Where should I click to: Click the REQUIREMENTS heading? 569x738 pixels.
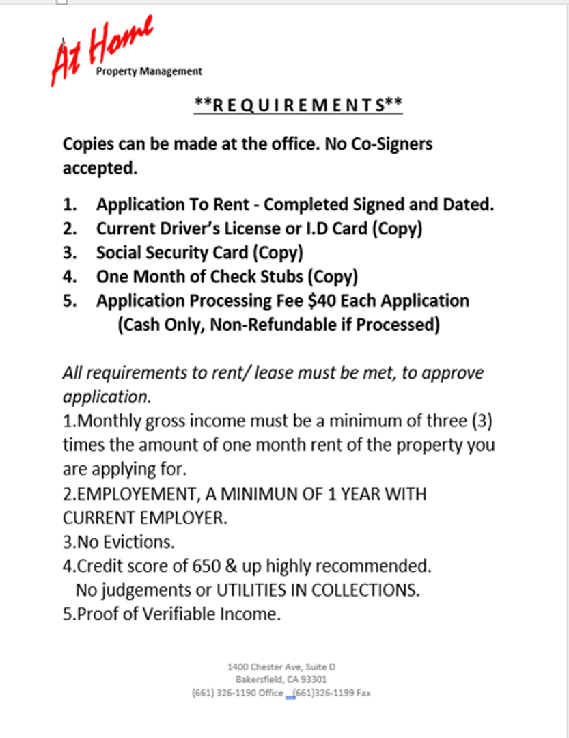coord(299,105)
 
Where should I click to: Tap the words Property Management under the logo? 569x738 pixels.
coord(149,71)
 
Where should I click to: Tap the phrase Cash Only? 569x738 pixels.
coord(160,325)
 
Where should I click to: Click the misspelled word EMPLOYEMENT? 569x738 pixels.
coord(135,493)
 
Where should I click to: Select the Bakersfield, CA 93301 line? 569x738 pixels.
coord(281,679)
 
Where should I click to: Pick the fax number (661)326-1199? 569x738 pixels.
coord(324,693)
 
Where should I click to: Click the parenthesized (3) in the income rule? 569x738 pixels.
coord(482,421)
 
